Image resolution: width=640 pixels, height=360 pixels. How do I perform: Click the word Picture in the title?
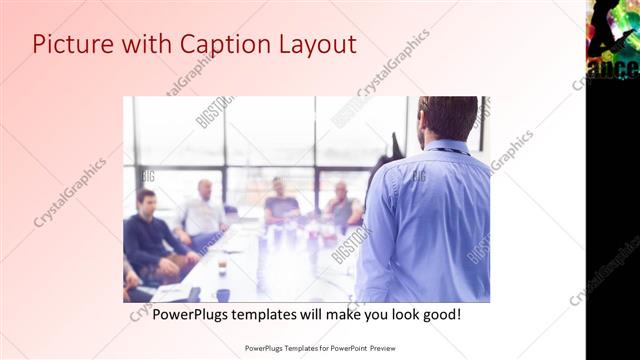point(68,45)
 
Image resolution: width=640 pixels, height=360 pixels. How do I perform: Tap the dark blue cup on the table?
point(222,294)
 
